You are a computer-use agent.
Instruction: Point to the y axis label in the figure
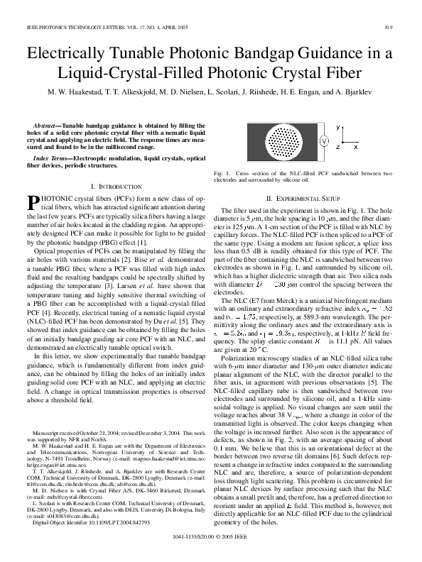(337, 125)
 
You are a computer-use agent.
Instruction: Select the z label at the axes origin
(337, 146)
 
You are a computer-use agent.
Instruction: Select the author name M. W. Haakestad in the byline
(76, 92)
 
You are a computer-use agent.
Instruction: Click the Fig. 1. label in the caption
(221, 173)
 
